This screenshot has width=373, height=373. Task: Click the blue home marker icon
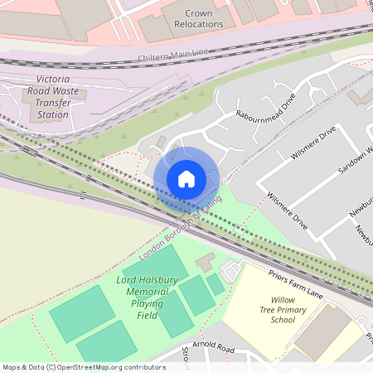(186, 179)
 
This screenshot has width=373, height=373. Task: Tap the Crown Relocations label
(193, 18)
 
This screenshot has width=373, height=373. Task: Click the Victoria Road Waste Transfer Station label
(52, 99)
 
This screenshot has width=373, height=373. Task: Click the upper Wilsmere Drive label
(313, 143)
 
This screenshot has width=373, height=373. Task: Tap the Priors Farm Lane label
(295, 282)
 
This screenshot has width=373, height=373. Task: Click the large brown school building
(326, 333)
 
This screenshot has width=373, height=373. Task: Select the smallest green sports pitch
(216, 284)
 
